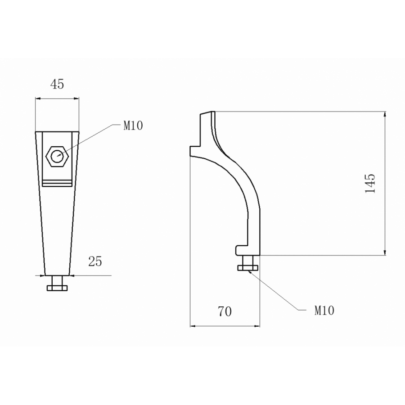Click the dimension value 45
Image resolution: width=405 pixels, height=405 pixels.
click(57, 84)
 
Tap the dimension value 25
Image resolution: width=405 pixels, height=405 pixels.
click(95, 261)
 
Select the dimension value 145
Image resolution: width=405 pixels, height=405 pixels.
click(370, 184)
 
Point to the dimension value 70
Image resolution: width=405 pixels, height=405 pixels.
click(225, 311)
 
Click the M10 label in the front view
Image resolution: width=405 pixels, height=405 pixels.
click(133, 126)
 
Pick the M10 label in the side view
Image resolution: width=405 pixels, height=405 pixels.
click(324, 310)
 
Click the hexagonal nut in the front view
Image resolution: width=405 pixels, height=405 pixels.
click(57, 156)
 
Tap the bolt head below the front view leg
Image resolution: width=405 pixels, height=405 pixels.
click(57, 288)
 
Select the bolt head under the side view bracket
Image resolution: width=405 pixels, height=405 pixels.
click(247, 268)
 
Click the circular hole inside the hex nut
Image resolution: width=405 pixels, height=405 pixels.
click(57, 156)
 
